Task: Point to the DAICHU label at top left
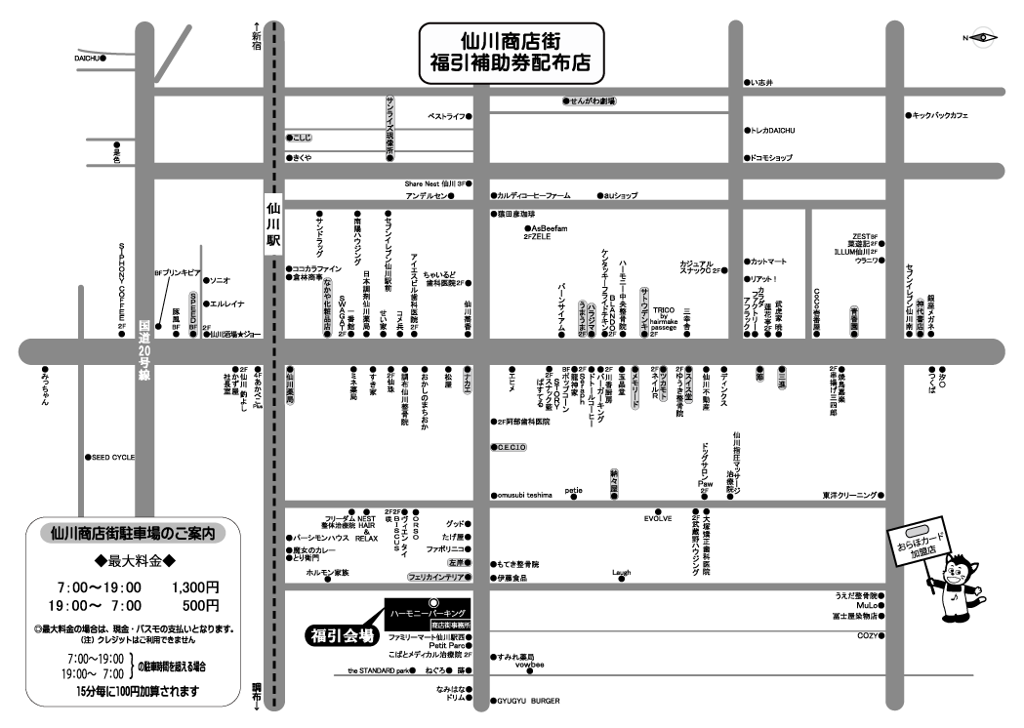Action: point(88,59)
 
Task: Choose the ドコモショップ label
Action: point(771,157)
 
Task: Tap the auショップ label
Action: point(620,195)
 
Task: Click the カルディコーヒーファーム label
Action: point(545,195)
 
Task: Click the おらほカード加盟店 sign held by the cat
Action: point(917,542)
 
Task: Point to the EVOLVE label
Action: point(658,518)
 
